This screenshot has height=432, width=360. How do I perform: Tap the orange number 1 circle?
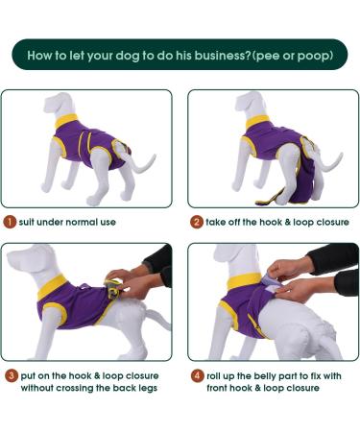(10, 222)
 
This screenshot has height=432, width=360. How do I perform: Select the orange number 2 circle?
(197, 222)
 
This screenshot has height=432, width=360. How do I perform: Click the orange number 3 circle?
(12, 375)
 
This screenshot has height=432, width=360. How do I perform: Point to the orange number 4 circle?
(198, 375)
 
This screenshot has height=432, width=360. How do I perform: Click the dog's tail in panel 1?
(142, 163)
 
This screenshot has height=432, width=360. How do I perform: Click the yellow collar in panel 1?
(66, 120)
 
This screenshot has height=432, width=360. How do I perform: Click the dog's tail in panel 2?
(329, 162)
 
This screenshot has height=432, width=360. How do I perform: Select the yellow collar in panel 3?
(51, 287)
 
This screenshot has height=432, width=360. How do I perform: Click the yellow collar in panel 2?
(257, 122)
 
